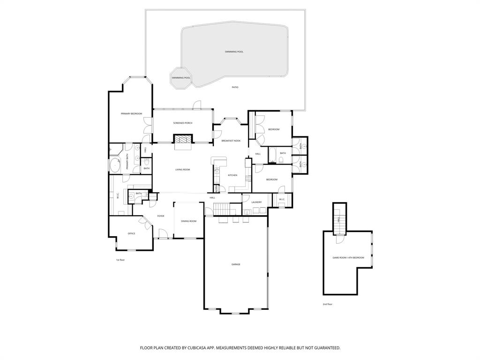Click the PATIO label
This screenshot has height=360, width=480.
click(x=235, y=87)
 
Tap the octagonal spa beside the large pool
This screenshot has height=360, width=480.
click(x=181, y=78)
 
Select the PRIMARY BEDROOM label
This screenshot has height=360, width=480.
click(x=131, y=113)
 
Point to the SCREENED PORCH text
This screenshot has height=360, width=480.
click(x=182, y=123)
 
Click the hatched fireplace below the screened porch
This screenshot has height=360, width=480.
click(x=183, y=139)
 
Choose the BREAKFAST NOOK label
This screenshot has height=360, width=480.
click(x=231, y=141)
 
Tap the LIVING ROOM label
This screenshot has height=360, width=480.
click(x=182, y=170)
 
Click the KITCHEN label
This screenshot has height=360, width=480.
click(x=232, y=175)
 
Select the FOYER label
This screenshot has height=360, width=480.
click(x=161, y=216)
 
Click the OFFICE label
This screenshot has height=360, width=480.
click(x=131, y=233)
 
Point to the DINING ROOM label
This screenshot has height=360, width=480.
click(x=188, y=221)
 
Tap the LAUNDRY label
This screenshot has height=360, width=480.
click(x=256, y=202)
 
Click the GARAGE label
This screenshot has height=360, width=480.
click(x=236, y=264)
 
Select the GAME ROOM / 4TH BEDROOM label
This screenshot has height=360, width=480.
click(x=348, y=258)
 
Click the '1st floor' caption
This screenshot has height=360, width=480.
click(x=120, y=260)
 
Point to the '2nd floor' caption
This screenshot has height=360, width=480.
click(x=327, y=305)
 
